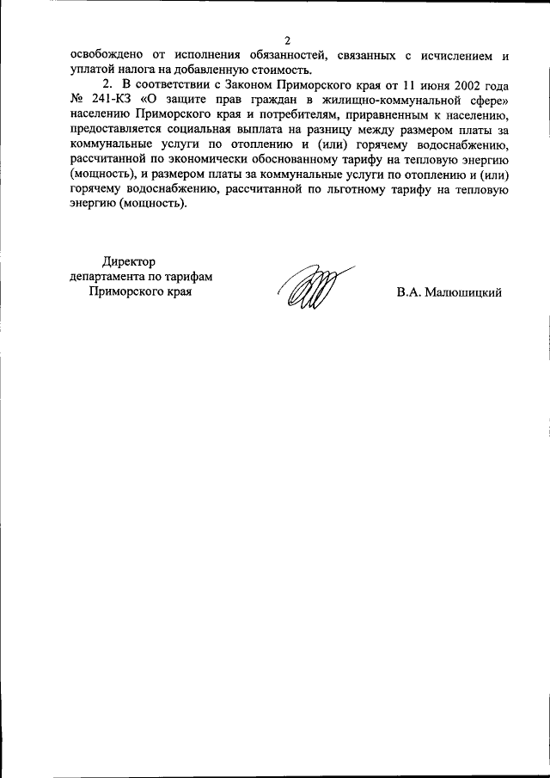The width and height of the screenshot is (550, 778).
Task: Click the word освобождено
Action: pos(106,56)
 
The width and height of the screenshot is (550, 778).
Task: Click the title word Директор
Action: pos(128,262)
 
